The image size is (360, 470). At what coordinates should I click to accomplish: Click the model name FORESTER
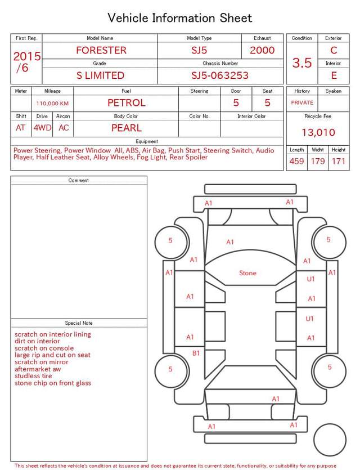101,50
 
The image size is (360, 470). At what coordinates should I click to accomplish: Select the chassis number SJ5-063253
220,75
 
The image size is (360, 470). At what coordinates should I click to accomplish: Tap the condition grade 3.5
302,63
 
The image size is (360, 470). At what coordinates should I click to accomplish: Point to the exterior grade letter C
334,50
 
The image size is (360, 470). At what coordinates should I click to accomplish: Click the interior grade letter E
334,75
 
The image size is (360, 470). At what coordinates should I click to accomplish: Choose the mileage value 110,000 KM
52,104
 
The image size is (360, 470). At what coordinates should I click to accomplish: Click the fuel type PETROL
127,103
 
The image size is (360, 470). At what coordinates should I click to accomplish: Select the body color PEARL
127,128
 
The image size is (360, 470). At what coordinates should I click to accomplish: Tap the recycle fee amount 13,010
318,132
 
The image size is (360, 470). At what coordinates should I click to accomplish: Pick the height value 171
339,161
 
